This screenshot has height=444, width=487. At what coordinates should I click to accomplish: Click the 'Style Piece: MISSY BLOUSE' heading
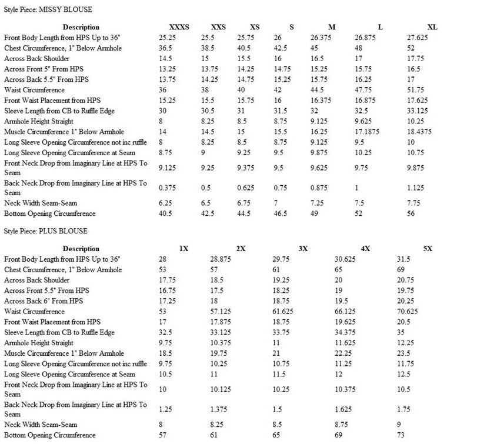click(48, 10)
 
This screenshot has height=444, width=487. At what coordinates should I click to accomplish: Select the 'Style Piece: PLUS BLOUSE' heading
click(46, 231)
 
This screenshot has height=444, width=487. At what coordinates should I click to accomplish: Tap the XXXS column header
click(179, 27)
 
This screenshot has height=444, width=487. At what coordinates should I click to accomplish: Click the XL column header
click(432, 27)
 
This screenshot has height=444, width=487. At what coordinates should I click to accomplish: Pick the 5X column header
click(427, 249)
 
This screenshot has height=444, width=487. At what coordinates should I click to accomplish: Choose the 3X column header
click(303, 249)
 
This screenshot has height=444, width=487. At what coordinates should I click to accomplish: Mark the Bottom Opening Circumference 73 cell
click(402, 435)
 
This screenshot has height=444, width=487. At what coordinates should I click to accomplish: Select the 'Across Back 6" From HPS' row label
click(44, 301)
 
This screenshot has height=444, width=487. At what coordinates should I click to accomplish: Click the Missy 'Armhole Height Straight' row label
click(39, 122)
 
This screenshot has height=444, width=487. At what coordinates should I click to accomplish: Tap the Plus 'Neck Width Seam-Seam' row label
click(41, 425)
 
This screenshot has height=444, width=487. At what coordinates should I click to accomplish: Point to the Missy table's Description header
click(81, 27)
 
